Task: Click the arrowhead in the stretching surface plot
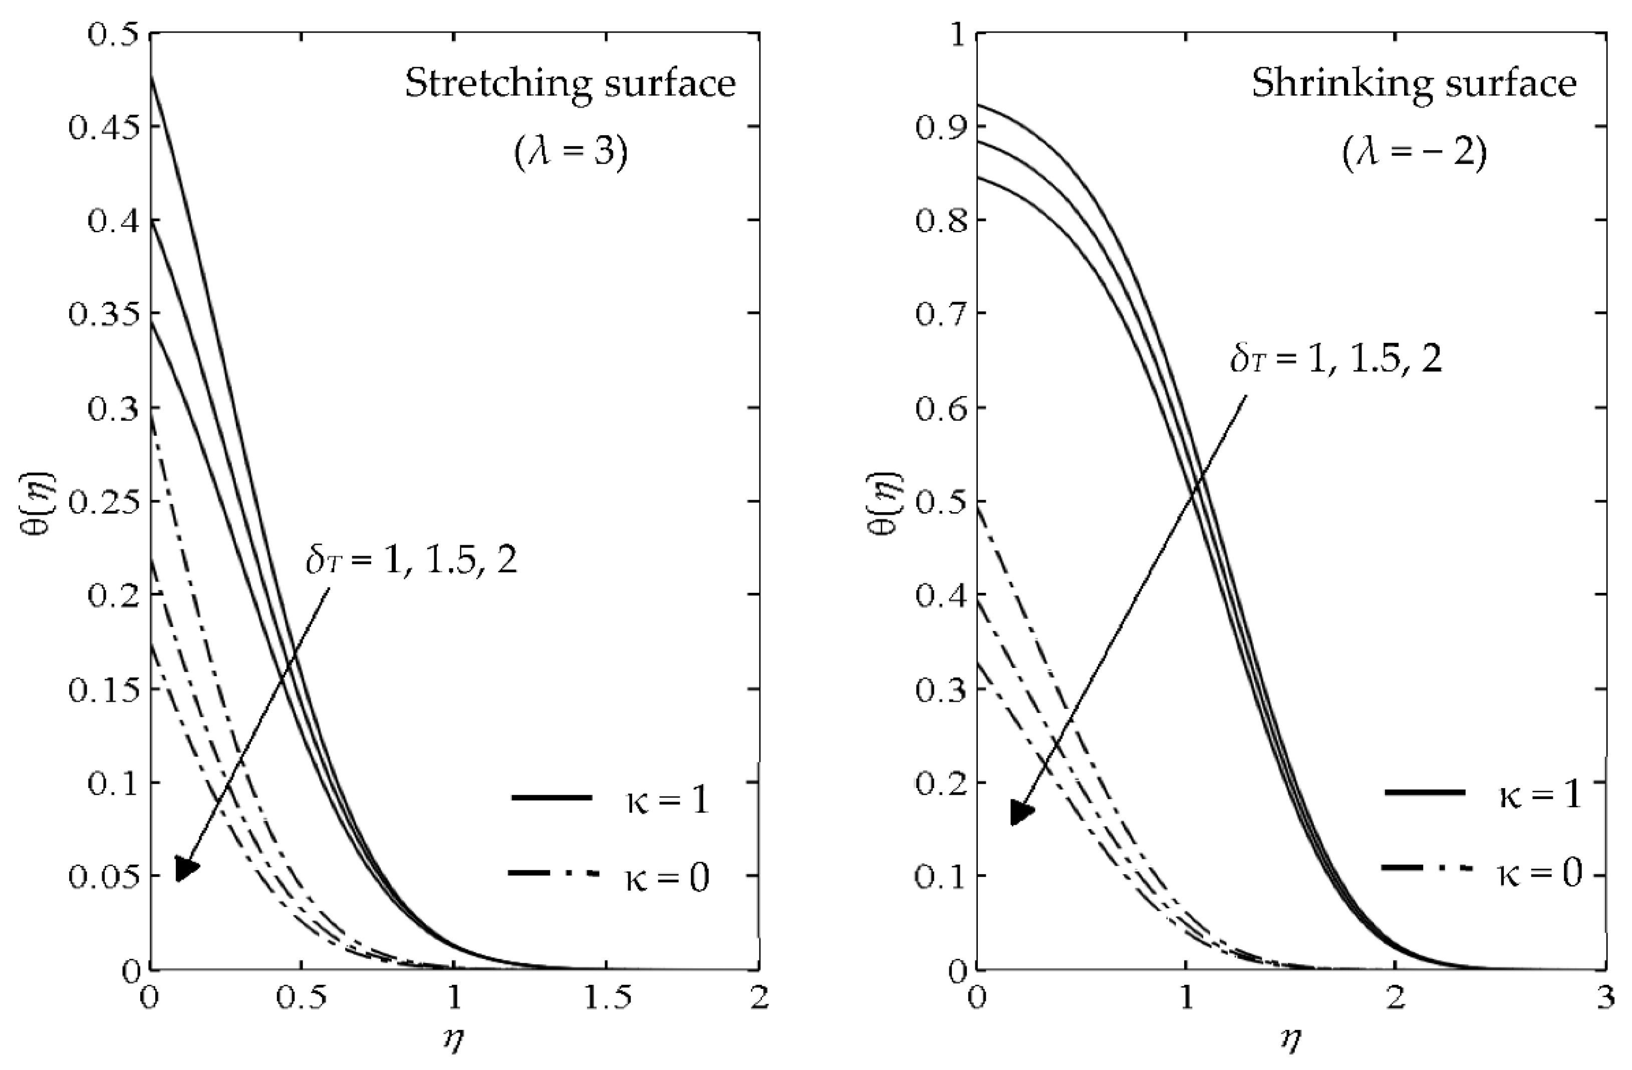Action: pyautogui.click(x=185, y=867)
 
